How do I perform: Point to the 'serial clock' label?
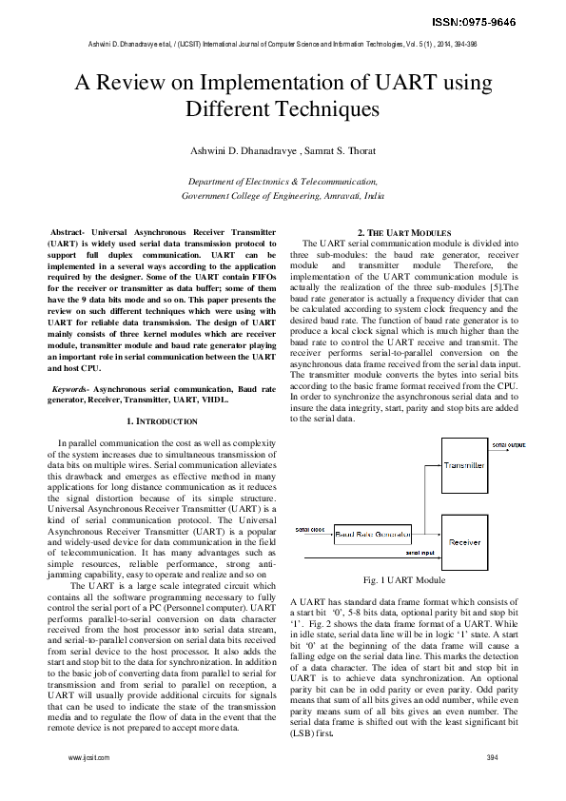309,528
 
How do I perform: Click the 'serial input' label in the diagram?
420,552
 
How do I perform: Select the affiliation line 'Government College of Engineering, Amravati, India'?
283,193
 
